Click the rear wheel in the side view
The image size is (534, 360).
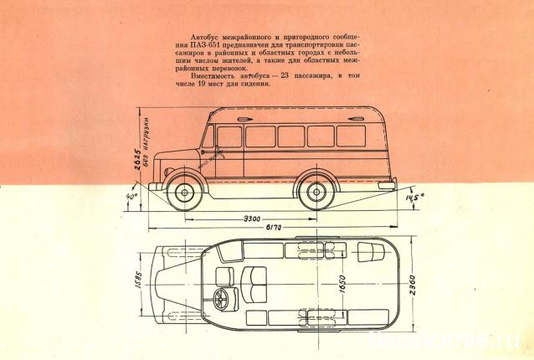click(x=316, y=192)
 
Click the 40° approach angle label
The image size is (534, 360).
click(x=131, y=199)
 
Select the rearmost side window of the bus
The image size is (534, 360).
click(x=351, y=136)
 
